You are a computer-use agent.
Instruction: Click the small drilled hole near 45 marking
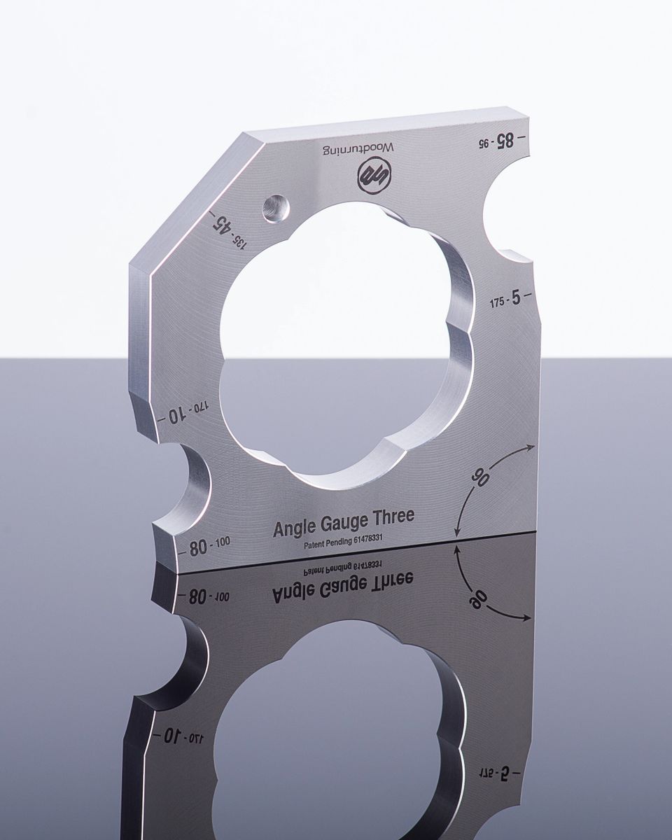275,208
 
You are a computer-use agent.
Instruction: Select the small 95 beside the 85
483,143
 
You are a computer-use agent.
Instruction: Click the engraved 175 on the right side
498,302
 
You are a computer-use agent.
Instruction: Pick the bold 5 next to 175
516,298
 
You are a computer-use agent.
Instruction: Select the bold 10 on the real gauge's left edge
176,416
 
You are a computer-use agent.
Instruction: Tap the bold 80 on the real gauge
199,548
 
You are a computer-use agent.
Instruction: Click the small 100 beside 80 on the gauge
223,541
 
